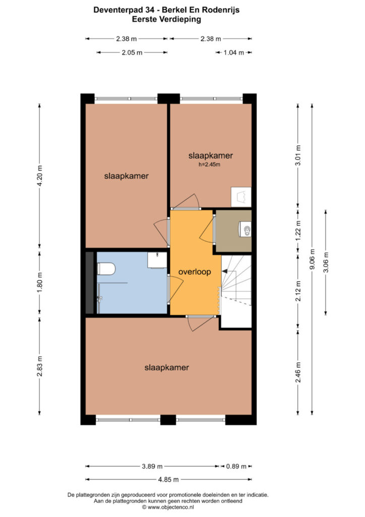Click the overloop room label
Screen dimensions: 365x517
point(195,272)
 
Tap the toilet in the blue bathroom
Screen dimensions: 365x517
point(106,269)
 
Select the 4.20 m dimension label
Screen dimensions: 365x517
point(39,175)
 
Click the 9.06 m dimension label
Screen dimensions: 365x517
point(313,259)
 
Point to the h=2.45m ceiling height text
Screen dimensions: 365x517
point(209,165)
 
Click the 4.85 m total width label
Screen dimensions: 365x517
point(168,480)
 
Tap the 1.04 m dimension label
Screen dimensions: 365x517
point(234,53)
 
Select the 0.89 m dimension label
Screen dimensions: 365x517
point(236,466)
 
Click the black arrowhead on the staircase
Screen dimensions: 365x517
point(225,271)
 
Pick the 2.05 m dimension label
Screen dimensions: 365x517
point(132,53)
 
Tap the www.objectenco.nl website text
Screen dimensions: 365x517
point(170,507)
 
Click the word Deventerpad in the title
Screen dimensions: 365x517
point(119,10)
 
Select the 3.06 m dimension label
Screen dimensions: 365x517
point(326,263)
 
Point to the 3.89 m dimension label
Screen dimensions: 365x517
point(152,466)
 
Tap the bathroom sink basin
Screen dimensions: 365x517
point(157,261)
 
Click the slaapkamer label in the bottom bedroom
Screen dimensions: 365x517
point(166,368)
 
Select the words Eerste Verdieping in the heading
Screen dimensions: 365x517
point(166,19)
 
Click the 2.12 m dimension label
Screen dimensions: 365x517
point(298,291)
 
